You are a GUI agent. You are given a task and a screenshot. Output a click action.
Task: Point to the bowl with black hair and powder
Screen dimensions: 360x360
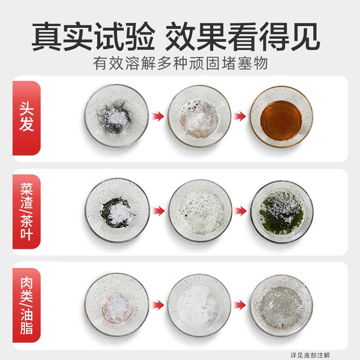tap(117, 116)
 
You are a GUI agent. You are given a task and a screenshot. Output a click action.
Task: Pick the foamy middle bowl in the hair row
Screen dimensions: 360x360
tap(199, 116)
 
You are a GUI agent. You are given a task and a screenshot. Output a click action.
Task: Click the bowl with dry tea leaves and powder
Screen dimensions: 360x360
tap(117, 211)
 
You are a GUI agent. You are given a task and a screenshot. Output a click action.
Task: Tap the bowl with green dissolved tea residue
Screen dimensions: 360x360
tap(282, 211)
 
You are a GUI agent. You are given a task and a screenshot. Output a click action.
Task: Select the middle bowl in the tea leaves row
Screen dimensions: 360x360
tap(199, 211)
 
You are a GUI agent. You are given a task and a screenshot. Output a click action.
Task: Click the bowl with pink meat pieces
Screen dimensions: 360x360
tap(117, 304)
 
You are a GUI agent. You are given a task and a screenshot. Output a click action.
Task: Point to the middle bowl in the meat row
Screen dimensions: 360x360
tap(199, 304)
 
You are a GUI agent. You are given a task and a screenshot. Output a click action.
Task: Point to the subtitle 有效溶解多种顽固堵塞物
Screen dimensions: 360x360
tap(180, 63)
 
